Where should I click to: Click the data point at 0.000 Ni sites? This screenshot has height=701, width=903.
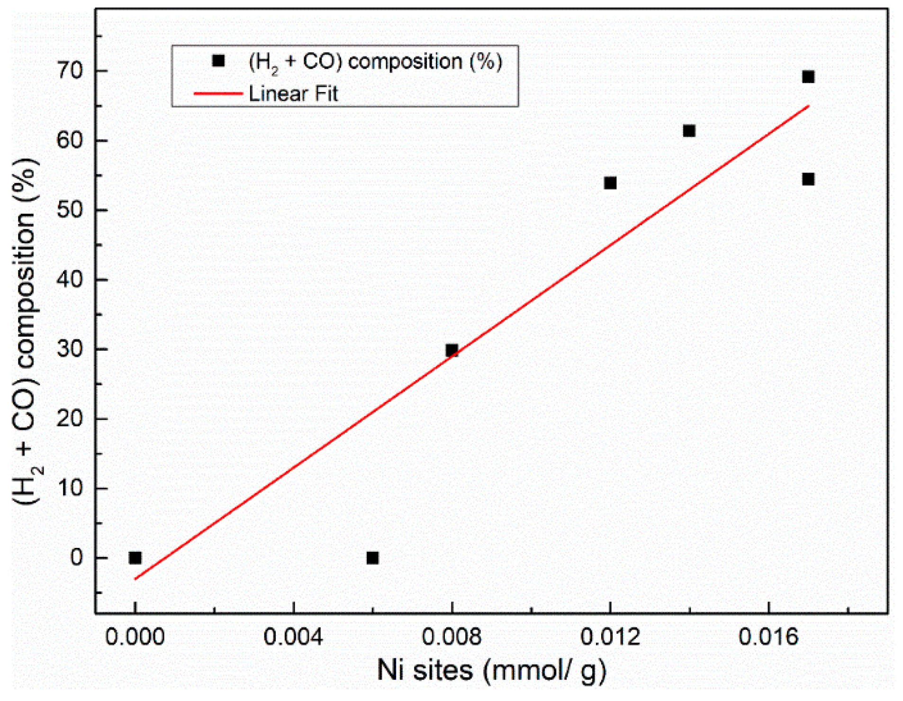[x=135, y=557]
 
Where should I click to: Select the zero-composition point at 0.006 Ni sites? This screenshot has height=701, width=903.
[x=372, y=557]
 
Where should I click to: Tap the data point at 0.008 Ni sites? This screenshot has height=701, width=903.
[x=451, y=351]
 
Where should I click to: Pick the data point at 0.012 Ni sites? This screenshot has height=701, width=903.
[x=610, y=183]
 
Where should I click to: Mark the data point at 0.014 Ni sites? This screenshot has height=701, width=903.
[x=689, y=131]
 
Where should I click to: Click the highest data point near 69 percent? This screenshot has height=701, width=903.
[x=808, y=77]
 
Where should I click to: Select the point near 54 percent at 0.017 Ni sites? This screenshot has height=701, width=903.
[x=808, y=179]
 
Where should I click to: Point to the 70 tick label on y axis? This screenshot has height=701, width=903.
[x=70, y=71]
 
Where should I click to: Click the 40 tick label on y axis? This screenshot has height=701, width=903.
[x=70, y=280]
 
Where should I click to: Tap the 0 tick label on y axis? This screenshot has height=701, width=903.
[x=77, y=557]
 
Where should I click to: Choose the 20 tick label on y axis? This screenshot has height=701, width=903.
[x=70, y=419]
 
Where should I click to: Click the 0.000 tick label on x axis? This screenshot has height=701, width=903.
[x=135, y=637]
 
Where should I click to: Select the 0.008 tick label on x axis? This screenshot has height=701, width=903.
[x=451, y=637]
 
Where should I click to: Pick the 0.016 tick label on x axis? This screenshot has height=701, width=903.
[x=768, y=637]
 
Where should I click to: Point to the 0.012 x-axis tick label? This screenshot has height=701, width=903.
[x=610, y=637]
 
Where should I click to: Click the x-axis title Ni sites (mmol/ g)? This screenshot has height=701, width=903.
[x=491, y=670]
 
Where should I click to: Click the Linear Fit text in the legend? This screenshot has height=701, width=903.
[x=293, y=93]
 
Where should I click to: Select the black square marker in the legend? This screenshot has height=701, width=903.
[x=218, y=61]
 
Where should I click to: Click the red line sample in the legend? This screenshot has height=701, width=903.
[x=218, y=93]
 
